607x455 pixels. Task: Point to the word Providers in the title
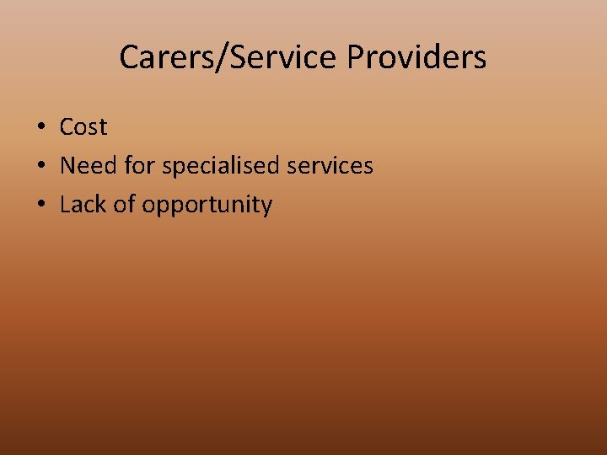pyautogui.click(x=416, y=57)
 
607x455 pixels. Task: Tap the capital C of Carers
pyautogui.click(x=129, y=57)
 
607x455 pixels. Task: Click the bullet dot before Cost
pyautogui.click(x=40, y=127)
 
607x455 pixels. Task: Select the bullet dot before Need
pyautogui.click(x=40, y=166)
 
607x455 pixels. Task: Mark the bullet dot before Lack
pyautogui.click(x=40, y=205)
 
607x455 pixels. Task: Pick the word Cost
pyautogui.click(x=83, y=127)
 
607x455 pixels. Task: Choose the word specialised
pyautogui.click(x=221, y=167)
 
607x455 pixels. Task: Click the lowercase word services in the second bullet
pyautogui.click(x=330, y=166)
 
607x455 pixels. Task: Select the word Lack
pyautogui.click(x=82, y=205)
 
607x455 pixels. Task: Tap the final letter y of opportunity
pyautogui.click(x=266, y=207)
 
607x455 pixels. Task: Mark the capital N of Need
pyautogui.click(x=67, y=166)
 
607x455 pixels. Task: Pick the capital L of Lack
pyautogui.click(x=65, y=205)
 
